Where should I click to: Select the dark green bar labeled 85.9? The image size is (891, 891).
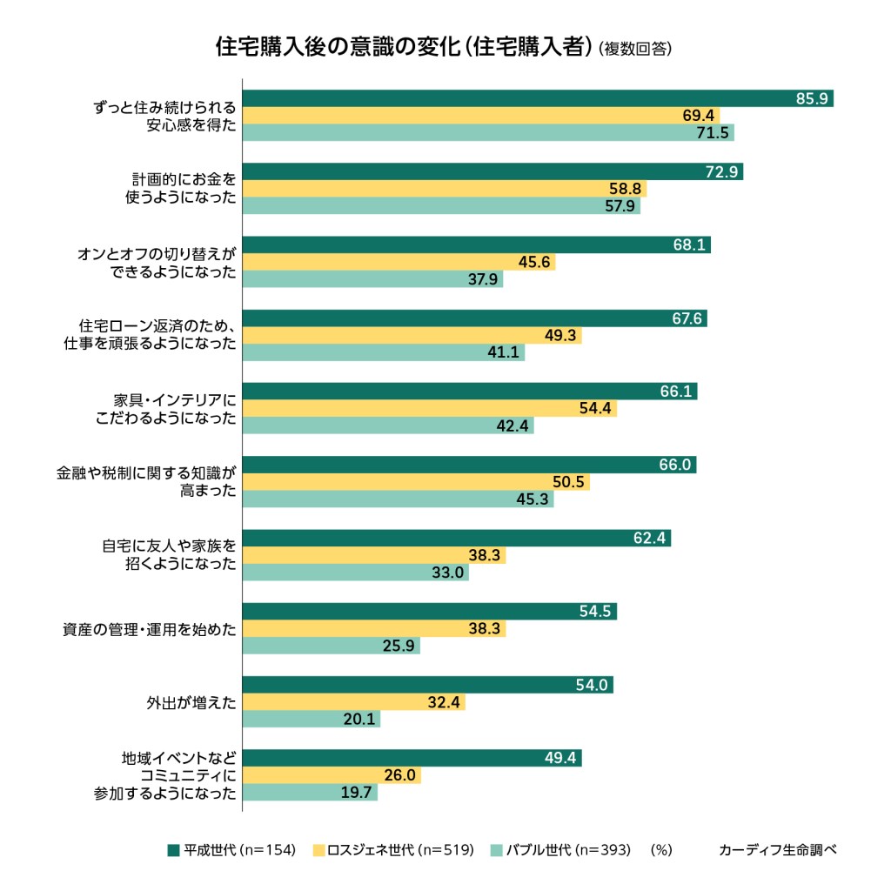click(x=537, y=98)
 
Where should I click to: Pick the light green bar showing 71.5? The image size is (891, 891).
click(x=487, y=132)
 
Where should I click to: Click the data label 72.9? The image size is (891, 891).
click(x=722, y=171)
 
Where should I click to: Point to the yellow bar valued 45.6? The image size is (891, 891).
click(x=399, y=262)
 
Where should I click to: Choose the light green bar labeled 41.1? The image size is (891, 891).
click(x=383, y=352)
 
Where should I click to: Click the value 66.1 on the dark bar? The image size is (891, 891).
click(x=676, y=392)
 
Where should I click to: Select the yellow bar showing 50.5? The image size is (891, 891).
click(x=415, y=482)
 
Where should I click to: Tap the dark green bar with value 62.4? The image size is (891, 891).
click(x=456, y=538)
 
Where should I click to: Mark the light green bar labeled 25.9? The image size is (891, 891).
click(x=331, y=646)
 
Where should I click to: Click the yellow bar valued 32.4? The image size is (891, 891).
click(x=353, y=702)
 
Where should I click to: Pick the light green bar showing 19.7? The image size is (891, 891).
click(x=310, y=793)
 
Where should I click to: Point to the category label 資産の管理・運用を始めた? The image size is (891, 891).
click(x=150, y=629)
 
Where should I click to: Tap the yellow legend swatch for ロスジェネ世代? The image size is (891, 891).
click(x=319, y=849)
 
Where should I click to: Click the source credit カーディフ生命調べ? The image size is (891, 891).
click(x=777, y=849)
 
